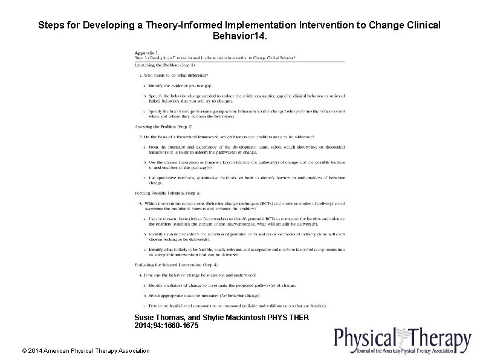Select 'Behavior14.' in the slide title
tap(239, 37)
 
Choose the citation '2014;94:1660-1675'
tap(166, 326)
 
